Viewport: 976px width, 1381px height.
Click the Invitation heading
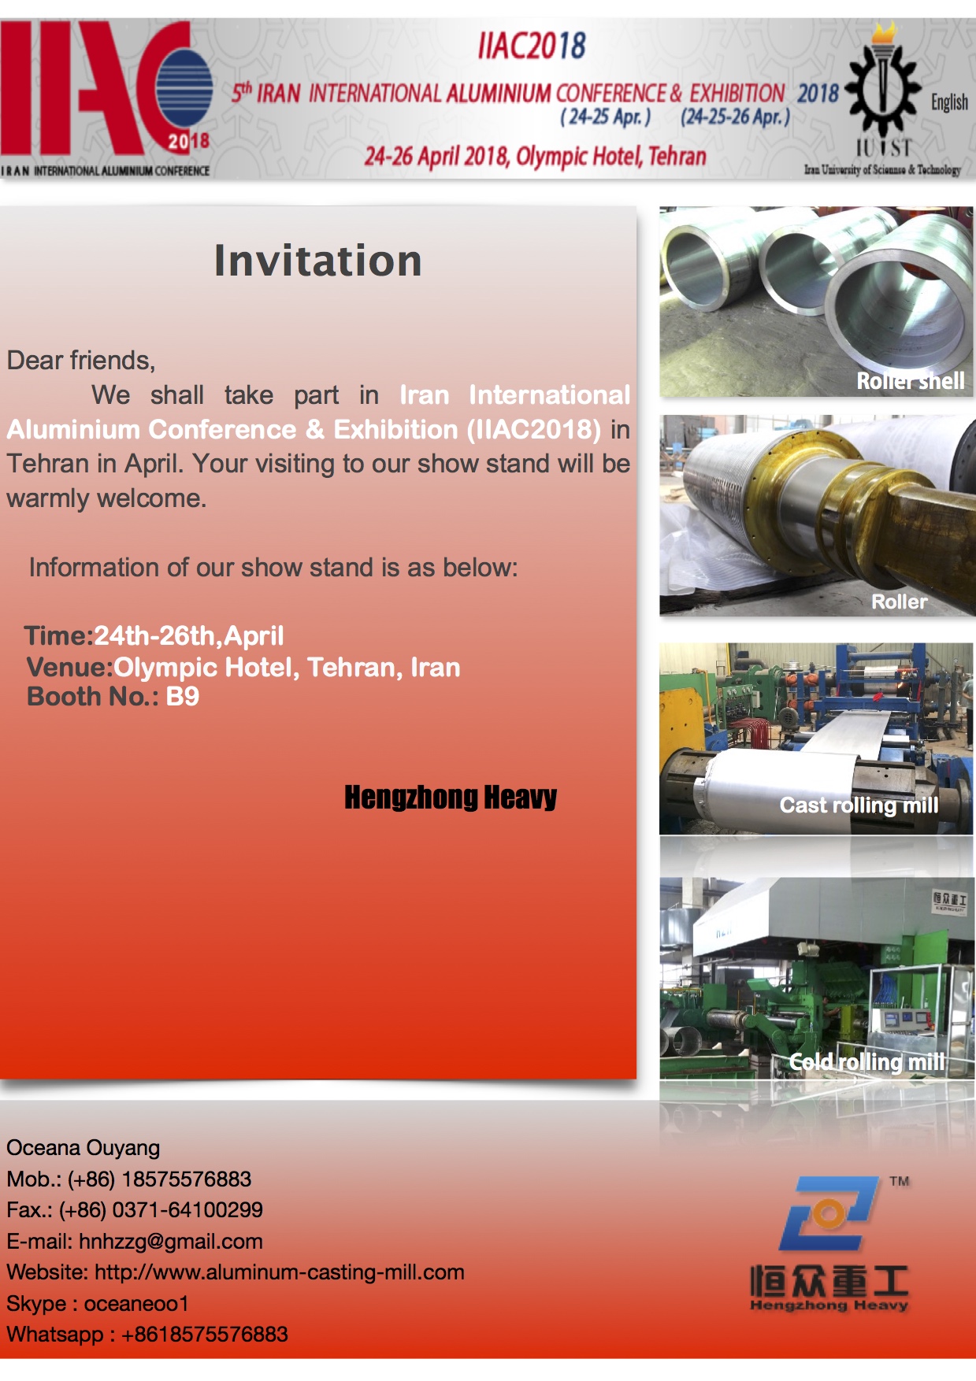coord(318,261)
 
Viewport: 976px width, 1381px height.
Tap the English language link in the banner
coord(949,102)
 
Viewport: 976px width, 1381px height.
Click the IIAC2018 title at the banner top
coord(532,46)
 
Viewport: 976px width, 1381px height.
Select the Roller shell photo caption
coord(911,381)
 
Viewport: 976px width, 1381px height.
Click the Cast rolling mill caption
coord(859,805)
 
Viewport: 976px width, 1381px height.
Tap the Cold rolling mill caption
coord(867,1062)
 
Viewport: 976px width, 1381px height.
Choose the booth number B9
coord(183,696)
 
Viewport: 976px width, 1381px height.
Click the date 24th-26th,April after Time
coord(189,635)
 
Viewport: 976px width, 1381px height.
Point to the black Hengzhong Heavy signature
coord(451,798)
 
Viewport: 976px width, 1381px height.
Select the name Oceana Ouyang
coord(83,1148)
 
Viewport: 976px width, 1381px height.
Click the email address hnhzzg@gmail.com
coord(171,1242)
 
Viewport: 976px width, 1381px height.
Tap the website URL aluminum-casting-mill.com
coord(280,1272)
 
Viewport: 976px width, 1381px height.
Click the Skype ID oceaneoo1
coord(136,1304)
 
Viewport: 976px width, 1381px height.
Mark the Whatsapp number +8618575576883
coord(205,1335)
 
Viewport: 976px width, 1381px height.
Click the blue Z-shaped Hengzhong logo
coord(828,1213)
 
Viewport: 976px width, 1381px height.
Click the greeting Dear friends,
coord(81,361)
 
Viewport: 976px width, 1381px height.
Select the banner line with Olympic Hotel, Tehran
coord(535,156)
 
